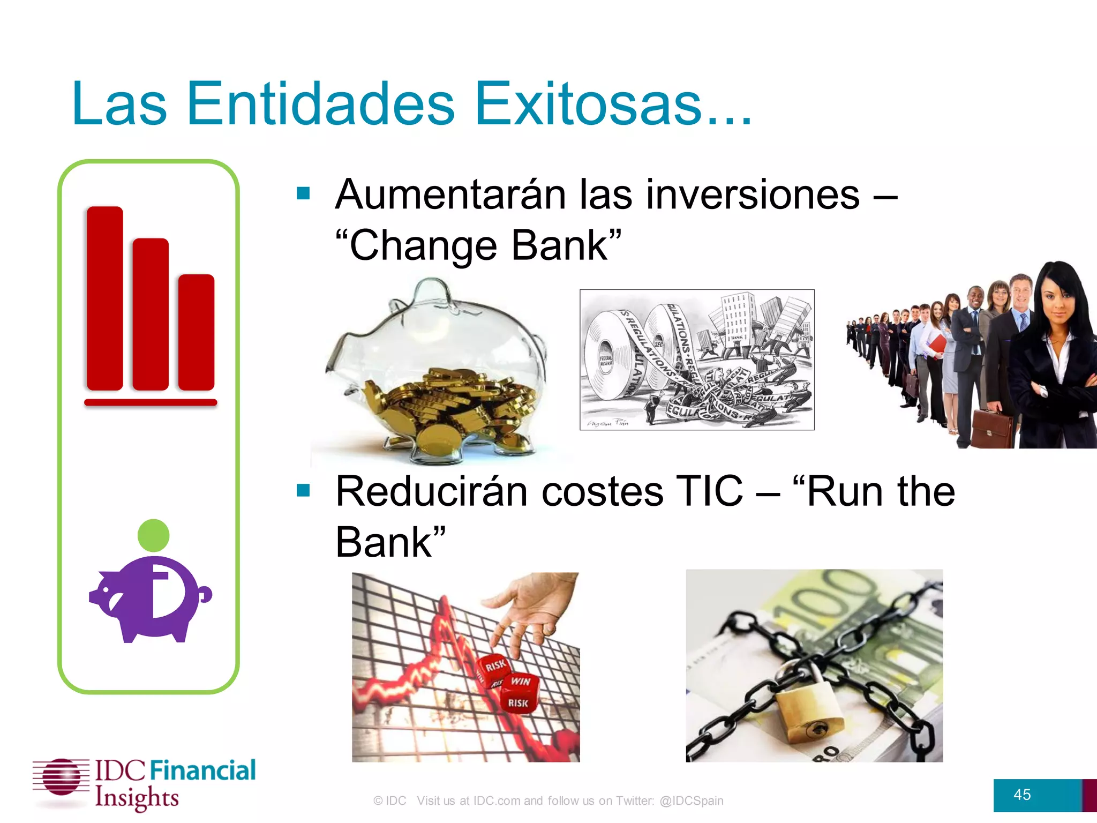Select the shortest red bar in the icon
pos(196,332)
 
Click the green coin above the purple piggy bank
pos(153,535)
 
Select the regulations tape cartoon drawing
pos(696,360)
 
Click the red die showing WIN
pos(520,682)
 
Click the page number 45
pos(1021,795)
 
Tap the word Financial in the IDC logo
pos(202,770)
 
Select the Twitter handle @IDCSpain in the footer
pos(691,800)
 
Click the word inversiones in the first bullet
pos(753,194)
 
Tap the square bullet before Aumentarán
pos(304,193)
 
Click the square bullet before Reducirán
pos(304,490)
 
